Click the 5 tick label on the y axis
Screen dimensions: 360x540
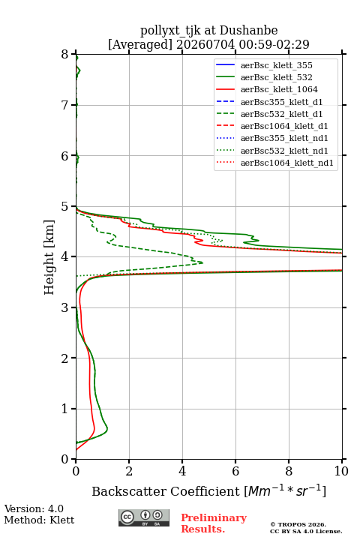[x=65, y=207]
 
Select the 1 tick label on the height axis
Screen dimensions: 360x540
[x=65, y=409]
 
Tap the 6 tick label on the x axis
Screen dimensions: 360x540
[x=235, y=471]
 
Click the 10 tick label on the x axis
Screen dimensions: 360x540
[x=342, y=471]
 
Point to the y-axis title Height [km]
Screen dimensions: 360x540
[x=49, y=257]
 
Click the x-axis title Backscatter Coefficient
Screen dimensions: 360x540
[x=166, y=491]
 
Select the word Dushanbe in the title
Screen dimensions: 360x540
[x=249, y=31]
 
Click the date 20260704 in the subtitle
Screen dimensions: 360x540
[x=205, y=44]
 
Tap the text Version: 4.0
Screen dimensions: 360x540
[x=34, y=508]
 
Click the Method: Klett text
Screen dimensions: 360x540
[x=39, y=520]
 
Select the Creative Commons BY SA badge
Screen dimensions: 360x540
[x=144, y=517]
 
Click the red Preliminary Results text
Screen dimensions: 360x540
[x=214, y=523]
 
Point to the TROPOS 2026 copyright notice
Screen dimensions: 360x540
[x=298, y=524]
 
